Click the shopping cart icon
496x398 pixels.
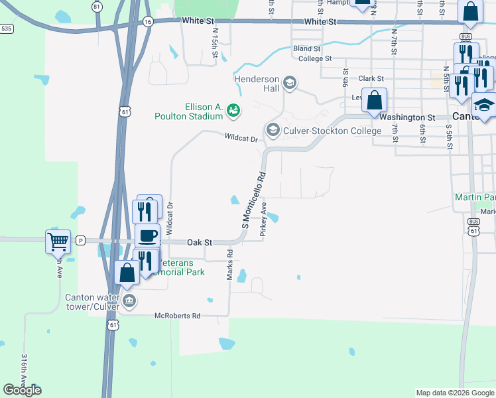(58, 241)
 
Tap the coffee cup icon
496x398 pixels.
(147, 235)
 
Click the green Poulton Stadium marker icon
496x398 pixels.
(233, 111)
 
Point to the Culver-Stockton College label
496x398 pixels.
(332, 131)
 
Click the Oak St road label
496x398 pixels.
(198, 242)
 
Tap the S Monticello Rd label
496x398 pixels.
(253, 202)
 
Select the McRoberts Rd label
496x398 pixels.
(177, 316)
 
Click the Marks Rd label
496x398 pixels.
(230, 264)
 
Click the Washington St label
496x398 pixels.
(407, 117)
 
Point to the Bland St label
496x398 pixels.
(307, 48)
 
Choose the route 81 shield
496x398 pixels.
(97, 7)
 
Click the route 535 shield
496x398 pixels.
(7, 29)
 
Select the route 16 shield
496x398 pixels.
(148, 22)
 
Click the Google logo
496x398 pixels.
(22, 390)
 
